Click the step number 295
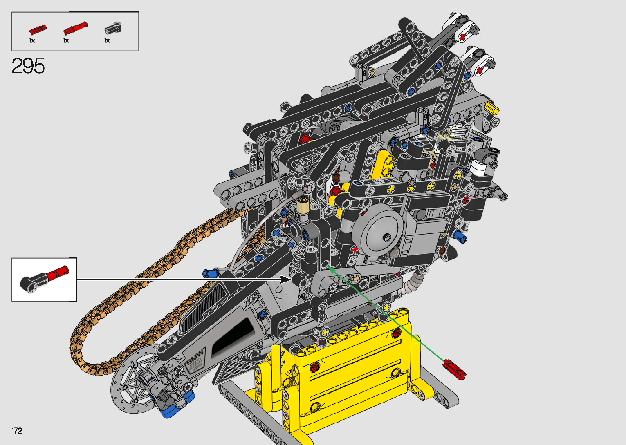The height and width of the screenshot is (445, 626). [28, 66]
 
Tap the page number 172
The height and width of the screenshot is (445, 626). [17, 431]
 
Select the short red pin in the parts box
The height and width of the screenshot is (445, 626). [38, 29]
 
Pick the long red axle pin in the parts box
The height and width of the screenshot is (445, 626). [76, 28]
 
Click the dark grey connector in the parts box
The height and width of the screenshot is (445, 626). [113, 28]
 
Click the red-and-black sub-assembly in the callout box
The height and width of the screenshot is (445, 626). [44, 279]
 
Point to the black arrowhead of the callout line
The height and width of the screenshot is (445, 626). [285, 280]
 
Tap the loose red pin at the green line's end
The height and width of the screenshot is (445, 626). [454, 369]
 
